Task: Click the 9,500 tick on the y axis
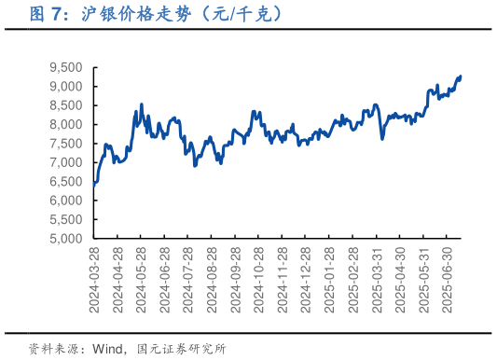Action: pos(66,67)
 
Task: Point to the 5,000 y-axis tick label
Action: pos(66,238)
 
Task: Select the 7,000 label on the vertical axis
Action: pos(66,162)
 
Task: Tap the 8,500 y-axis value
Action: pos(66,105)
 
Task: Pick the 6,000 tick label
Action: pos(66,201)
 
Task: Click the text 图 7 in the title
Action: pos(48,14)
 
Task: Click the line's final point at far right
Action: pos(461,76)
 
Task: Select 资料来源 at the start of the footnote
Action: pos(52,348)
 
